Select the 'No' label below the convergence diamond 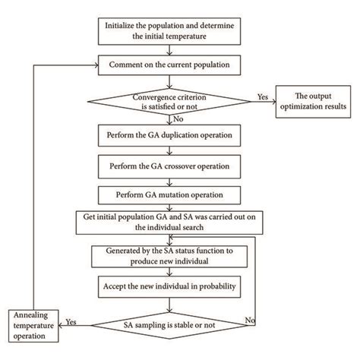178,118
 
